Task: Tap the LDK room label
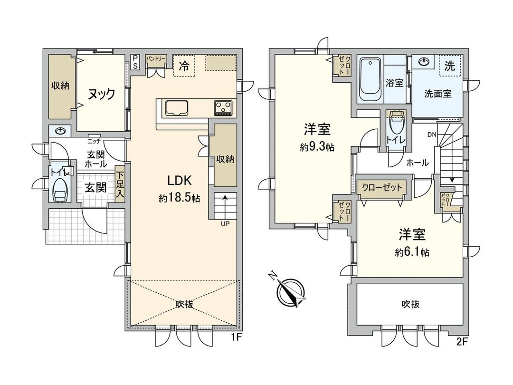point(179,181)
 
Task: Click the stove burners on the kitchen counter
point(223,108)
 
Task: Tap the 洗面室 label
point(437,94)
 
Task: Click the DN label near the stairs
point(431,135)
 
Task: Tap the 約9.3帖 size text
point(317,147)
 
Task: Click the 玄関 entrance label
point(95,187)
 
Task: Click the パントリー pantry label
point(156,58)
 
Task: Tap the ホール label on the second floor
point(418,163)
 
